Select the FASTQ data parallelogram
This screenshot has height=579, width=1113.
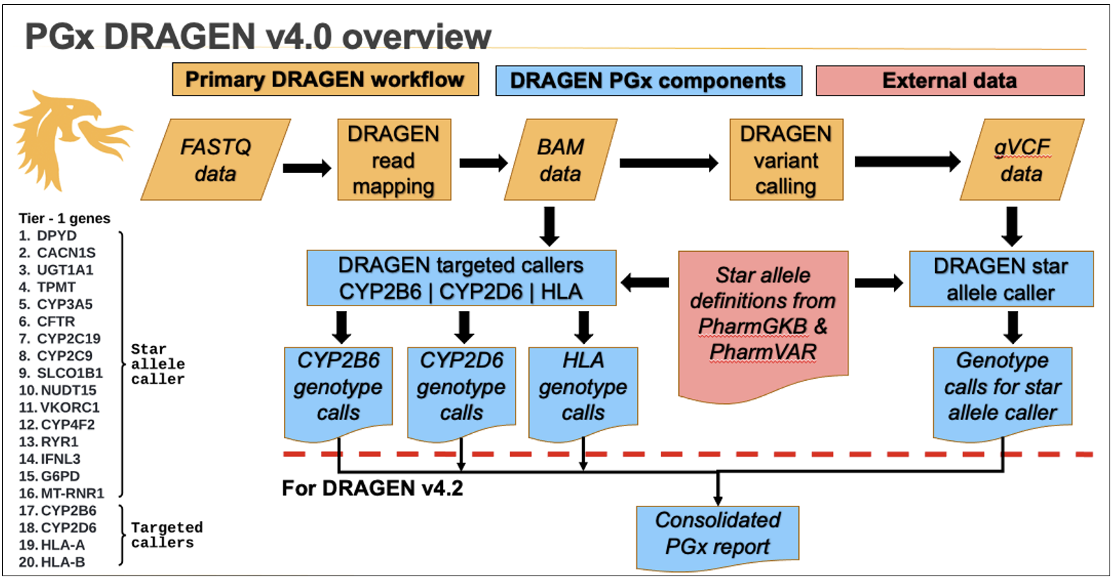point(216,160)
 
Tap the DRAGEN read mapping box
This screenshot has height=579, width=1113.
point(394,160)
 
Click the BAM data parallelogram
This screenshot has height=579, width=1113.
point(560,160)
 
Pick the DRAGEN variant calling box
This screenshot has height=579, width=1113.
point(786,160)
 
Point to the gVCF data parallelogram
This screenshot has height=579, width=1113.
point(1022,160)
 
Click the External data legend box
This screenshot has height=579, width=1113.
point(949,80)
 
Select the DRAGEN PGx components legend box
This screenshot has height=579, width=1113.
point(648,80)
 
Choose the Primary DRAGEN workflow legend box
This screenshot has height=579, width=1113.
point(325,80)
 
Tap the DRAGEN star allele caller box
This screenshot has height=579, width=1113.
point(1001,279)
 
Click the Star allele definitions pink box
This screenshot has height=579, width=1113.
point(763,314)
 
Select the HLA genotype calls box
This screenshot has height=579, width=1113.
point(583,387)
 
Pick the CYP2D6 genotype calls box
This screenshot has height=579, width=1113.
point(461,387)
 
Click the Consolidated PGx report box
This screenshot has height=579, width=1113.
point(717,534)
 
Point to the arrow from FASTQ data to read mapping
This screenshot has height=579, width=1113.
point(306,167)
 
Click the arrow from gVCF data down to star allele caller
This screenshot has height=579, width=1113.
point(1011,225)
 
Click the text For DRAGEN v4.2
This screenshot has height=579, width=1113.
point(372,488)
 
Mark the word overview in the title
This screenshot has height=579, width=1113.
point(417,37)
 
